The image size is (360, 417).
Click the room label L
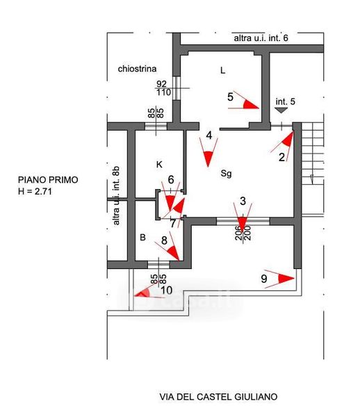pos(223,70)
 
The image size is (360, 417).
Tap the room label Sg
pos(227,174)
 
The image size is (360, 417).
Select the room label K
pos(159,165)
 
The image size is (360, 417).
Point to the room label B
pos(142,237)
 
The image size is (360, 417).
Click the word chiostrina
pos(137,69)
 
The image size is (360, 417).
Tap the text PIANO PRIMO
pos(48,180)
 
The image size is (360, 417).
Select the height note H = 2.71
pos(35,191)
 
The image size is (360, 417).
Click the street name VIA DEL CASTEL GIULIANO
pos(218,397)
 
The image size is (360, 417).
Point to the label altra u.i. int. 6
pos(261,38)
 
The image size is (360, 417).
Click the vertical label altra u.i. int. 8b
pos(116,196)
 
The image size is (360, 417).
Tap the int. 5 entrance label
pos(285,101)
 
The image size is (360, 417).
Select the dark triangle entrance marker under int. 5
pos(281,110)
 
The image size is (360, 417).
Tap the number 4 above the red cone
pos(209,136)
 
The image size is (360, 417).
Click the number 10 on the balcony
pos(167,290)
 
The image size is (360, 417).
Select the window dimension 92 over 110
pos(163,88)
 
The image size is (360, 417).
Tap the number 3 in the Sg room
pos(243,202)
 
